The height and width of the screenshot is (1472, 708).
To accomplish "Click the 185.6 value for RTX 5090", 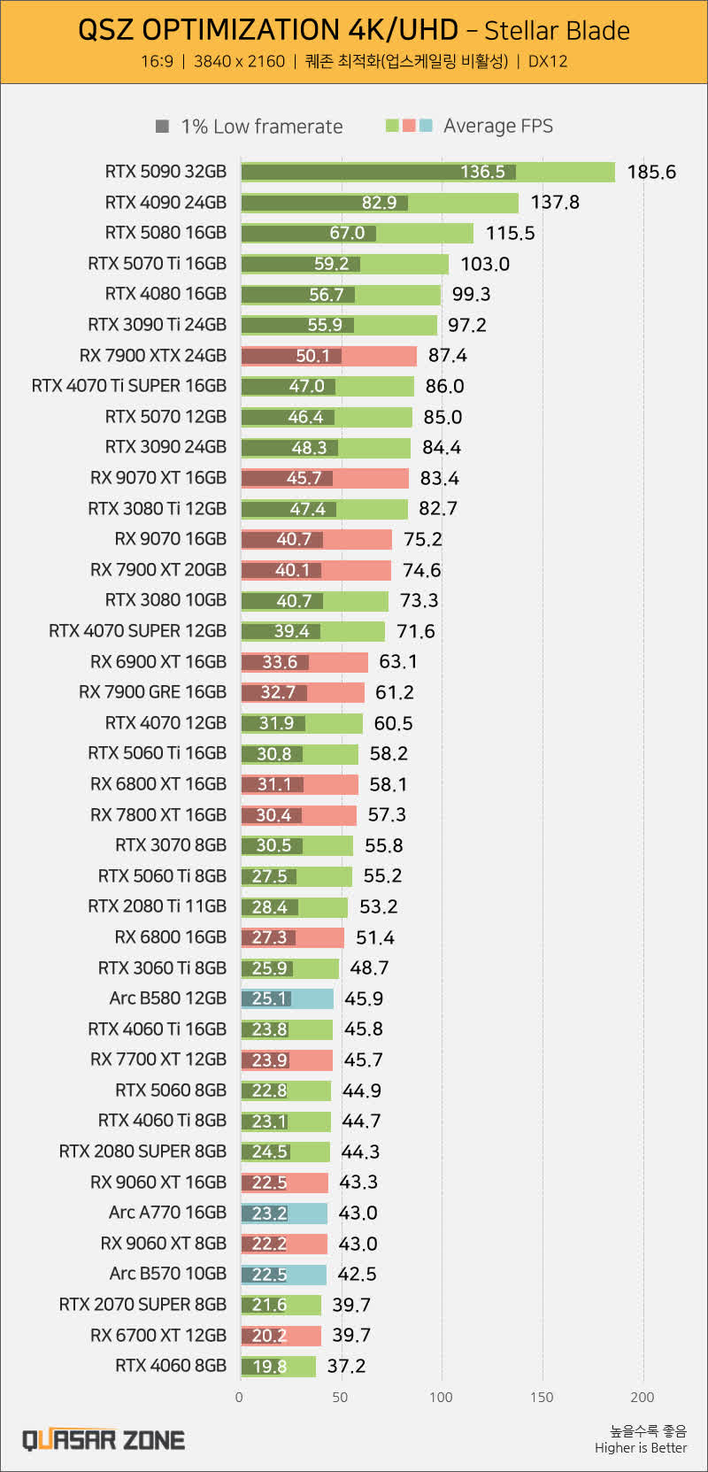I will (x=650, y=172).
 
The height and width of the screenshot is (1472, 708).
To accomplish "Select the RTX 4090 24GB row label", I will (x=165, y=203).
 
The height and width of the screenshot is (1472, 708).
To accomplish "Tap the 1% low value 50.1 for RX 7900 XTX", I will (x=312, y=356).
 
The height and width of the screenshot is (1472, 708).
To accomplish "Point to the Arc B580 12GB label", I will (x=167, y=998).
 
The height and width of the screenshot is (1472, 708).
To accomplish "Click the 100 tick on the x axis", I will (x=441, y=1398).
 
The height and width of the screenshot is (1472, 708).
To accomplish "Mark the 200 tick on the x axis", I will (x=643, y=1398).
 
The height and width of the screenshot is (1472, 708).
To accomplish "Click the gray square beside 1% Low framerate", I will (x=162, y=127).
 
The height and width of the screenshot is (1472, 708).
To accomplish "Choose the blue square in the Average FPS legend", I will (x=426, y=126).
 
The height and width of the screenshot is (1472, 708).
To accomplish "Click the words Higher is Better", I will (x=641, y=1448).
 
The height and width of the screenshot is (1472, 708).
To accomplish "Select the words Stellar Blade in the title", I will (x=557, y=31).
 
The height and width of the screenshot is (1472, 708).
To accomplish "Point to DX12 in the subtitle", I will (x=548, y=61).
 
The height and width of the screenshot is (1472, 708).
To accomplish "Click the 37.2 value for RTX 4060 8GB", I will (x=346, y=1366).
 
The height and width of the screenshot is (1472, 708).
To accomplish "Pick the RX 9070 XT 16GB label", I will (x=158, y=478).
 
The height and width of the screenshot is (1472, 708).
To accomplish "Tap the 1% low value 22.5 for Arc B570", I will (x=269, y=1275).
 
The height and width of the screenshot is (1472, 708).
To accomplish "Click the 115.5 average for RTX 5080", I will (x=510, y=234).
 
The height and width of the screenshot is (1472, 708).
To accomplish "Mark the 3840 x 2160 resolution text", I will (x=239, y=61).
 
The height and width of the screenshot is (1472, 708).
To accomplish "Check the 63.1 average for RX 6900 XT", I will (x=397, y=662).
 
